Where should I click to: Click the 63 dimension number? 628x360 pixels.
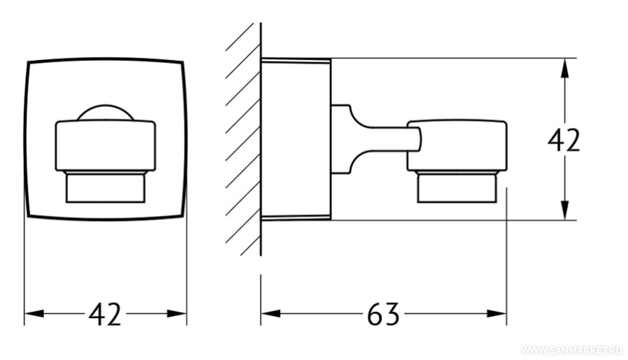tap(383, 314)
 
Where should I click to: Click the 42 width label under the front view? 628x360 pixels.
tap(104, 314)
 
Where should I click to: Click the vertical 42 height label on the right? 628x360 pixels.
tap(564, 140)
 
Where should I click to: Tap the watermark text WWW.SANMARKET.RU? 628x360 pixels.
tap(572, 350)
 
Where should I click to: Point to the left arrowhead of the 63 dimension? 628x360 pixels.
tap(271, 314)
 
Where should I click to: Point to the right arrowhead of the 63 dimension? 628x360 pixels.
tap(497, 314)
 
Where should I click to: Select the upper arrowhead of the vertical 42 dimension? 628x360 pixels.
tap(564, 68)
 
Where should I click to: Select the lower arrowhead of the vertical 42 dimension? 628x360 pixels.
tap(564, 210)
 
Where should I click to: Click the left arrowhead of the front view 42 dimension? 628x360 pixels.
tap(34, 314)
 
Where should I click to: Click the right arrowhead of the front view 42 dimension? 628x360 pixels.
tap(177, 314)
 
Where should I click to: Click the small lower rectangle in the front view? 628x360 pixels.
tap(106, 188)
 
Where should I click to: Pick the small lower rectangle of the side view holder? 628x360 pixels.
tap(457, 188)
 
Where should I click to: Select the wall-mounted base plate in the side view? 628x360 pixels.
tap(296, 139)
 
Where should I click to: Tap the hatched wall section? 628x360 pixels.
tap(243, 139)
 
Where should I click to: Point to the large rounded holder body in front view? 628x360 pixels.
tap(106, 146)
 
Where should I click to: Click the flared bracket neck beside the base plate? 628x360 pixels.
tap(348, 139)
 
